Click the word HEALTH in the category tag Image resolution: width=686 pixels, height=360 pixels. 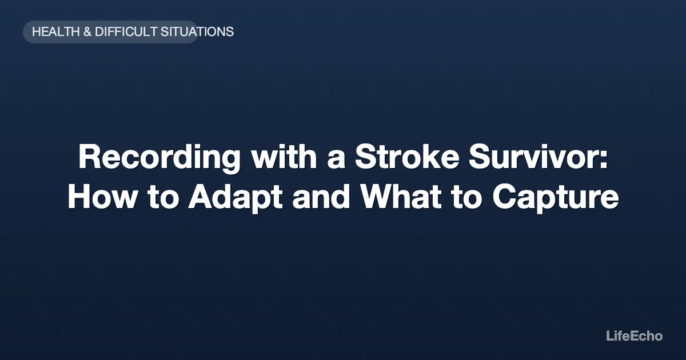pos(55,32)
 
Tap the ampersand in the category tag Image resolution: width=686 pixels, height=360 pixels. pos(87,32)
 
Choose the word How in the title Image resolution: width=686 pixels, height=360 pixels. pos(99,198)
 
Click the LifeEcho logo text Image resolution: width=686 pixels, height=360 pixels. pos(634,336)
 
